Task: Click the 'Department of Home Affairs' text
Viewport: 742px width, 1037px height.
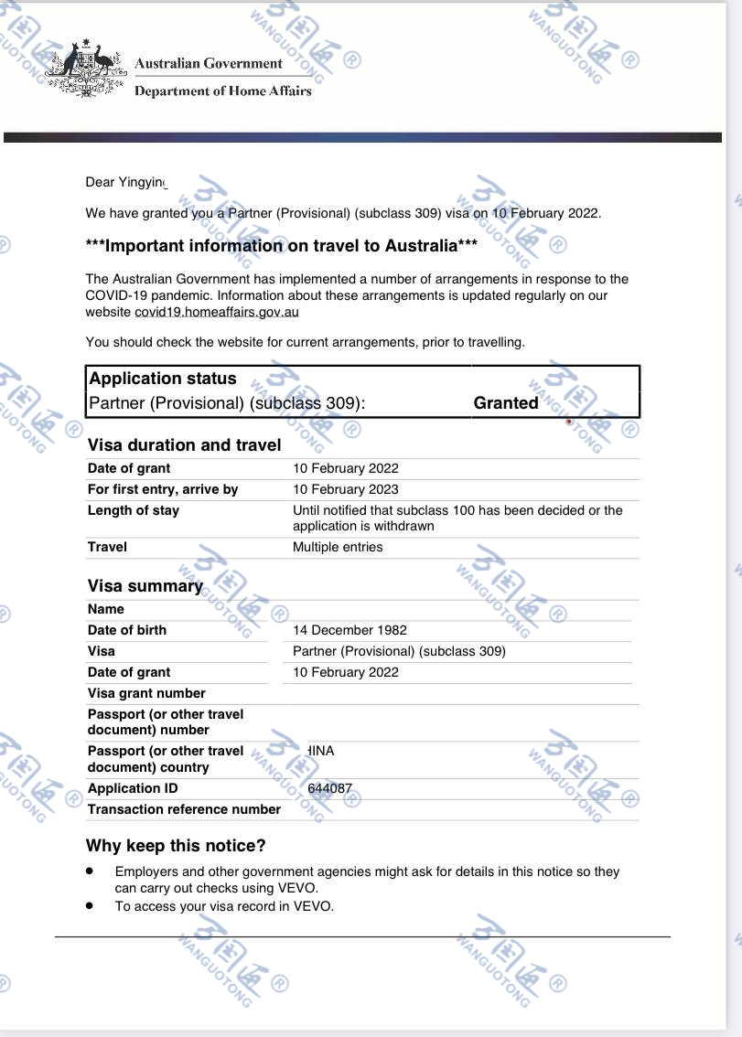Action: pyautogui.click(x=222, y=91)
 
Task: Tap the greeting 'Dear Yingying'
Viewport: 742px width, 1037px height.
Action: pyautogui.click(x=127, y=182)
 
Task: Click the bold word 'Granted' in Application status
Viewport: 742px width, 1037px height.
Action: pyautogui.click(x=506, y=402)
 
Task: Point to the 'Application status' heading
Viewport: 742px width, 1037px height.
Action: pyautogui.click(x=162, y=379)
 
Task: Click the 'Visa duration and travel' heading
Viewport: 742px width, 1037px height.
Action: pyautogui.click(x=184, y=445)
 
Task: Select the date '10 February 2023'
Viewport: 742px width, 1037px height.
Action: pyautogui.click(x=346, y=489)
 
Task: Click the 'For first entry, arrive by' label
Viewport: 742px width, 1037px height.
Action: pyautogui.click(x=163, y=489)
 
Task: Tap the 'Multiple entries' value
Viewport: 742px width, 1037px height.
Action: pyautogui.click(x=338, y=547)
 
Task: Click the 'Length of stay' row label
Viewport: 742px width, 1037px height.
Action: pyautogui.click(x=134, y=510)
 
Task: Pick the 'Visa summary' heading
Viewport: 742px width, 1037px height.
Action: pyautogui.click(x=145, y=586)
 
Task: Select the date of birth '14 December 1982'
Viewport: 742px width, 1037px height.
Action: pyautogui.click(x=349, y=630)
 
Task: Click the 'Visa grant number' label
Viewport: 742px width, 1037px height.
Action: pyautogui.click(x=146, y=693)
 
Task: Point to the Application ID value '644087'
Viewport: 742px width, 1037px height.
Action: pyautogui.click(x=329, y=788)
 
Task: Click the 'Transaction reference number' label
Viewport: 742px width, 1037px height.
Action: pyautogui.click(x=184, y=809)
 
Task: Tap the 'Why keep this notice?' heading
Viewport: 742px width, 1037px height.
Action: pyautogui.click(x=176, y=846)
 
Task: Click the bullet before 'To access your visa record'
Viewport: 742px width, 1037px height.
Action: pyautogui.click(x=90, y=905)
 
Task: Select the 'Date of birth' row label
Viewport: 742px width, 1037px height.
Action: pyautogui.click(x=127, y=630)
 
